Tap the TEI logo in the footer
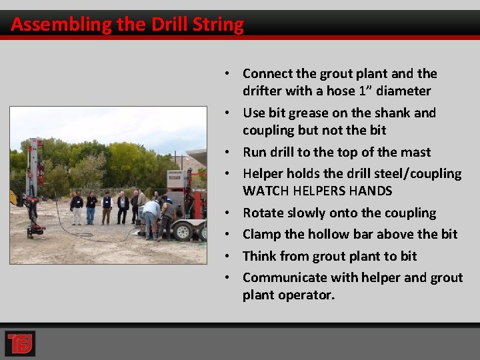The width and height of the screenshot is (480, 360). pyautogui.click(x=20, y=343)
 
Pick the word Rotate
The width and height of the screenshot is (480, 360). pyautogui.click(x=263, y=213)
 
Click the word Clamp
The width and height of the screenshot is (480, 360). pyautogui.click(x=263, y=234)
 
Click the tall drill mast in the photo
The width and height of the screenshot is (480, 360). pyautogui.click(x=33, y=180)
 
